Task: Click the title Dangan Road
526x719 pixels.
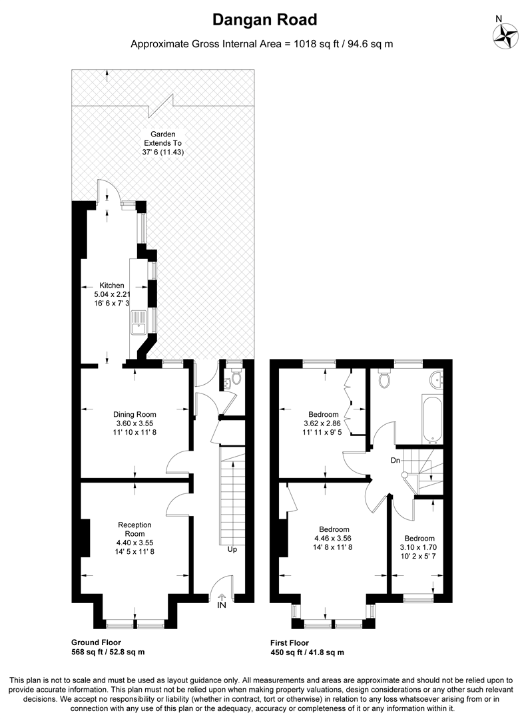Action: coord(264,20)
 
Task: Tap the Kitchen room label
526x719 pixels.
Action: coord(112,286)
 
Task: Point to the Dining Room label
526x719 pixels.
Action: coord(134,414)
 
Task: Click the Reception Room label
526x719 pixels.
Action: coord(134,529)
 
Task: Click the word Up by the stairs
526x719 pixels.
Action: coord(232,549)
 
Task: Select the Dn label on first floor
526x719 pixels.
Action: coord(395,460)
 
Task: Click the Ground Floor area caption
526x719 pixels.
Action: coord(108,647)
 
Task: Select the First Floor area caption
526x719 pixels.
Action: coord(307,648)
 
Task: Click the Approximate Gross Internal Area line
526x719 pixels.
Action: coord(262,45)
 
